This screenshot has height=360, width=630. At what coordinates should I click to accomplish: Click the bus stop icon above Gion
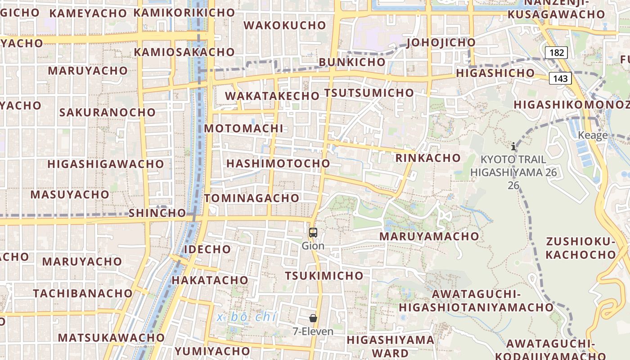(x=313, y=233)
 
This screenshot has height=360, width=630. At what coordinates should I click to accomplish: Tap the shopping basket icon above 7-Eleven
(x=313, y=318)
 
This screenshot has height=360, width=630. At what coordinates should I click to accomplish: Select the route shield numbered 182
(x=557, y=53)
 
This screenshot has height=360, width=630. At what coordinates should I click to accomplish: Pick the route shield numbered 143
(x=560, y=79)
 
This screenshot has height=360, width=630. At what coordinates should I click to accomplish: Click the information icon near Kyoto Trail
(x=513, y=146)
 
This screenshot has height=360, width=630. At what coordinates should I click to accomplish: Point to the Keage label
(x=593, y=135)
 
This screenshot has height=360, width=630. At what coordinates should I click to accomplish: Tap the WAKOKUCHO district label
(x=285, y=25)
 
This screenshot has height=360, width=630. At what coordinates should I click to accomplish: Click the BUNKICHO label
(x=352, y=62)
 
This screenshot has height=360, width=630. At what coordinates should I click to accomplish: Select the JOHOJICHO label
(x=441, y=43)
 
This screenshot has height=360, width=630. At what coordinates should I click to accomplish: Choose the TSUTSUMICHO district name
(x=369, y=93)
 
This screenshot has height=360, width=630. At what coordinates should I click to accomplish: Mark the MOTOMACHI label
(x=244, y=128)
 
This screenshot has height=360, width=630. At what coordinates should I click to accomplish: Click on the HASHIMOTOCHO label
(x=278, y=163)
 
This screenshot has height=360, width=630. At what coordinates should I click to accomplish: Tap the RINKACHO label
(x=428, y=158)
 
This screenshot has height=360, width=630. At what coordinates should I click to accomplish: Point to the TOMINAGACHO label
(x=252, y=198)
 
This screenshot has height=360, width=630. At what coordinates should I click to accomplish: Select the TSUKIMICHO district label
(x=324, y=275)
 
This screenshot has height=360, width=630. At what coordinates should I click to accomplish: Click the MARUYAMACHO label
(x=429, y=236)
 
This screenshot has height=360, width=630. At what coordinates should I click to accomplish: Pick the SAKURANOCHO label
(x=108, y=112)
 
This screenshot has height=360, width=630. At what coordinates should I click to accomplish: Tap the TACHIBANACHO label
(x=83, y=293)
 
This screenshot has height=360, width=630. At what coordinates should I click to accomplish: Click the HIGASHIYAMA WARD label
(x=391, y=346)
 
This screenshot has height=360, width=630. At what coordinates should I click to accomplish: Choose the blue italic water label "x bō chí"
(x=247, y=317)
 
